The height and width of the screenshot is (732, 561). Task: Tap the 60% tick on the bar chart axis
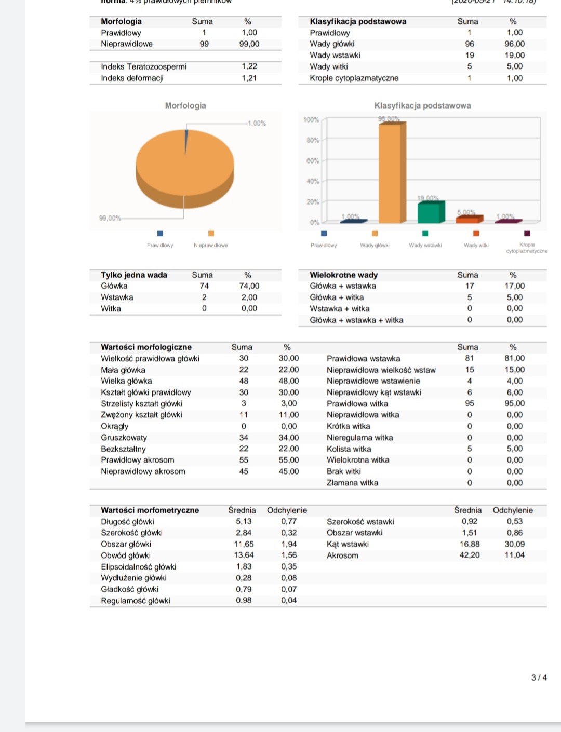(x=313, y=161)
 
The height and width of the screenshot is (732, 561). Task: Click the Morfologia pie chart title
(x=185, y=105)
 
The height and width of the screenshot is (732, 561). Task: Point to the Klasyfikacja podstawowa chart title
(x=422, y=105)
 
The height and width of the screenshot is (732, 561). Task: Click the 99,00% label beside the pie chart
(x=110, y=218)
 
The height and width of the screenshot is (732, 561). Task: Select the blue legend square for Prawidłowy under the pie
(x=160, y=233)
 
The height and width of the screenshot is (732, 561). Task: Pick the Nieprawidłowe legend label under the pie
(x=210, y=245)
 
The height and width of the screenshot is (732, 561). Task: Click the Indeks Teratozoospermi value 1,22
(x=249, y=66)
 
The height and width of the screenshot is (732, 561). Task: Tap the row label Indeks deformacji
(x=132, y=78)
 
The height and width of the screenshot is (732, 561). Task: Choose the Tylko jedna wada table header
(x=134, y=275)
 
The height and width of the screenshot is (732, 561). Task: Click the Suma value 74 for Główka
(x=204, y=286)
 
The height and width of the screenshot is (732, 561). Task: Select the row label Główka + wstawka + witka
(x=356, y=320)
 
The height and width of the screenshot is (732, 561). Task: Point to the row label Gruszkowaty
(x=124, y=438)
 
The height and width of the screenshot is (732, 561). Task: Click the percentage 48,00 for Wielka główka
(x=289, y=381)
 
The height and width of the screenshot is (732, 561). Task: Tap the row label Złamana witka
(x=352, y=483)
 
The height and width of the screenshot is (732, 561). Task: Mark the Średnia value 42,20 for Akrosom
(x=470, y=555)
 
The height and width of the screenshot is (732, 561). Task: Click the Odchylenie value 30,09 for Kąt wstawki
(x=515, y=544)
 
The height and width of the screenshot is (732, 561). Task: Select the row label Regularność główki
(x=136, y=601)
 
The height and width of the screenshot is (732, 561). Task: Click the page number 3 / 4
(x=539, y=677)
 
